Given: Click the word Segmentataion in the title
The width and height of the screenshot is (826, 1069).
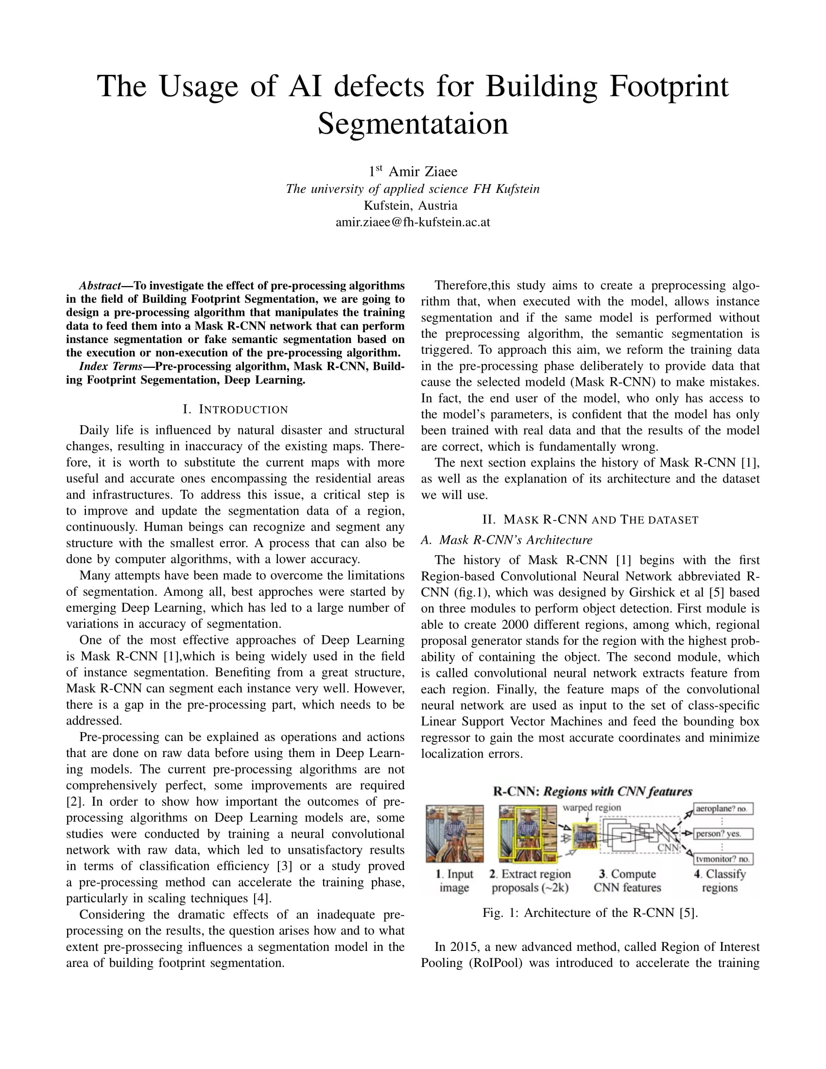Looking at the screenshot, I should (413, 124).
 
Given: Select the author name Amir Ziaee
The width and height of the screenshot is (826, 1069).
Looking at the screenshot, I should (423, 172).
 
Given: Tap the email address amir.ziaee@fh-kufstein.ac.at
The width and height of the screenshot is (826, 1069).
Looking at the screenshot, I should (413, 222).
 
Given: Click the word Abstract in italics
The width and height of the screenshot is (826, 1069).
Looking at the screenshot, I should (100, 285).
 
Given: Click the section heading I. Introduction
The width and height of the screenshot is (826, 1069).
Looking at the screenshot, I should (235, 409).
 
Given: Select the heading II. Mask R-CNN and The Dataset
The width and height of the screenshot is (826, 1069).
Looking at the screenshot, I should (590, 519).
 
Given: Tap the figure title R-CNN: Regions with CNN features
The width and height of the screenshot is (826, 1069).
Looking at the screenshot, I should (593, 792).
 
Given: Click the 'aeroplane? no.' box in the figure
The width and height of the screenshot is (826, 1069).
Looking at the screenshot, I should (723, 809).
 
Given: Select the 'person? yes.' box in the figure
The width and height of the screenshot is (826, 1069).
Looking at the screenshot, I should (723, 833).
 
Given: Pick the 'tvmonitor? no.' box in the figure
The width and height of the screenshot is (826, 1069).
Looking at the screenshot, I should (723, 859).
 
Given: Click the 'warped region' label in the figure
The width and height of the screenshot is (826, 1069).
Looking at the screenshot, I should (592, 807).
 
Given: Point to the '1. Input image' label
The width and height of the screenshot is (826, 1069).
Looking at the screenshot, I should (455, 880).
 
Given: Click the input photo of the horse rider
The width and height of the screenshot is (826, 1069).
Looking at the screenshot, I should (455, 833).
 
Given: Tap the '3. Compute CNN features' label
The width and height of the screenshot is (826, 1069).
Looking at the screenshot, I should (627, 880).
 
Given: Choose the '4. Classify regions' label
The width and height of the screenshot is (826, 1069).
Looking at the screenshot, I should (719, 880).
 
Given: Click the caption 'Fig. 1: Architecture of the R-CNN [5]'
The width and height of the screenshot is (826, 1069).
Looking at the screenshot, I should (590, 913).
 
